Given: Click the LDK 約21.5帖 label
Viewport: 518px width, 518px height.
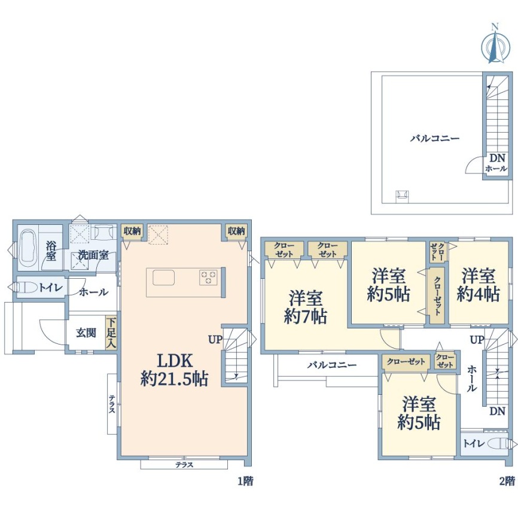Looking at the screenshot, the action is (174, 370).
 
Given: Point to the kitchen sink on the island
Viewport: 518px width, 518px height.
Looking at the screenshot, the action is (163, 278).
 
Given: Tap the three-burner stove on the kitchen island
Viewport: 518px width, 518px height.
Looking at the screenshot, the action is (208, 277).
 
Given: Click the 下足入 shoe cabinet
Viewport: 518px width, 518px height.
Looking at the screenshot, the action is (111, 333).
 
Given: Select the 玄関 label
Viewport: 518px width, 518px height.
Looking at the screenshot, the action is (86, 333).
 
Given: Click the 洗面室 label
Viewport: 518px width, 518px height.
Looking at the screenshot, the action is (93, 255).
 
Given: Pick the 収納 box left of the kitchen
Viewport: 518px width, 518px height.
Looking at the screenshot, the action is (132, 231).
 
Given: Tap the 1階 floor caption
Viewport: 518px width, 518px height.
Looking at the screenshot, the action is (245, 481).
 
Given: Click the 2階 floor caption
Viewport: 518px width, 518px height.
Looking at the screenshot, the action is (507, 481).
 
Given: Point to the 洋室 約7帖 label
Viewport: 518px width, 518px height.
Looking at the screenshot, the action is (306, 307).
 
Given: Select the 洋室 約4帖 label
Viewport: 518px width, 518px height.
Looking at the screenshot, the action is (478, 285).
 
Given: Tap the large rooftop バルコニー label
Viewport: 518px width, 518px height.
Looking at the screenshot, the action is (435, 138).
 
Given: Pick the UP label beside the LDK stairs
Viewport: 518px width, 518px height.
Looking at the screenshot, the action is (215, 339).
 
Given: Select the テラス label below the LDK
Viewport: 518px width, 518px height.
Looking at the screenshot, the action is (184, 465).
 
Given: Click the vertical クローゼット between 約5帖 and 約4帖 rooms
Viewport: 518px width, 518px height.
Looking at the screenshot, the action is (437, 295).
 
